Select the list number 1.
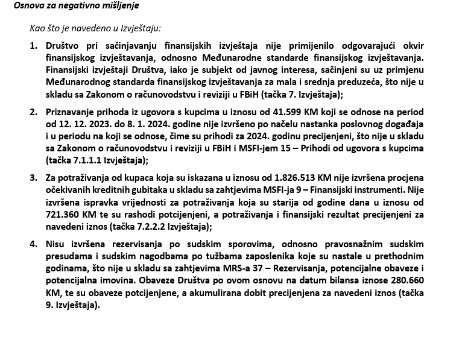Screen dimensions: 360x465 (33, 46)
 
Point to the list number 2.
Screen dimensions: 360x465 (33, 112)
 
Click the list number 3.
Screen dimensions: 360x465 (33, 178)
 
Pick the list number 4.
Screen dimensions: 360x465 (33, 244)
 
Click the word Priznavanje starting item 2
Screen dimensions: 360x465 (70, 112)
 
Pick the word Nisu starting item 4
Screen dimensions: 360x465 (56, 244)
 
